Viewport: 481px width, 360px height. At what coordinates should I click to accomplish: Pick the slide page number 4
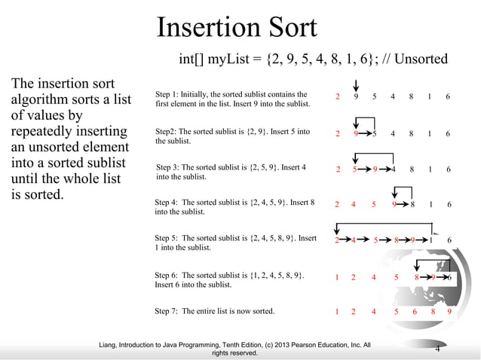click(437, 348)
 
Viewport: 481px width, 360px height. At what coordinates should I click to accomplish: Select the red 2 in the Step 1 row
click(337, 97)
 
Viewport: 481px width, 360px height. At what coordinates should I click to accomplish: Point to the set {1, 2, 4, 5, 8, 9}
click(276, 276)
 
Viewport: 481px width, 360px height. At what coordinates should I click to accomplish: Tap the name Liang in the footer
click(110, 345)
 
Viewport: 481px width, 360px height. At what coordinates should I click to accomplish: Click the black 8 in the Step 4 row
click(413, 204)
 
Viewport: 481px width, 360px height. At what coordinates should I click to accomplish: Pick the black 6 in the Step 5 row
click(449, 241)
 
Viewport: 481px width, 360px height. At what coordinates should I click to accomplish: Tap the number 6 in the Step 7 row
click(415, 310)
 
